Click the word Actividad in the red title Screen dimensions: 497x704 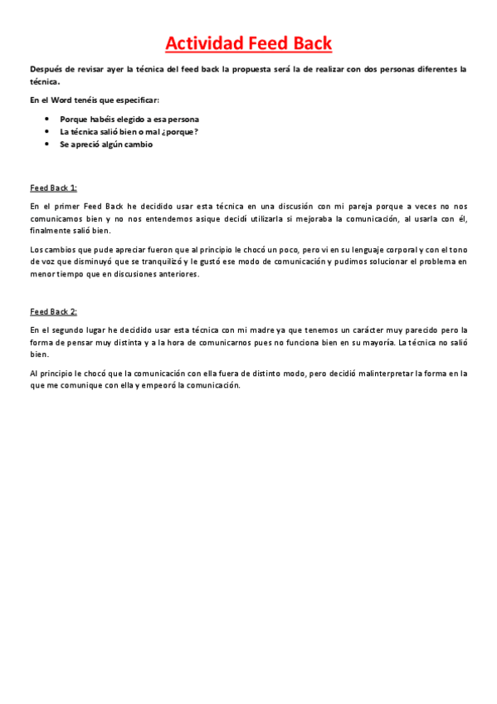(204, 43)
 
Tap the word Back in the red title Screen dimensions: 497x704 (309, 43)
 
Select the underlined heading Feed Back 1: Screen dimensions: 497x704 (53, 188)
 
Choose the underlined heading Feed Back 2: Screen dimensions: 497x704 (53, 311)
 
